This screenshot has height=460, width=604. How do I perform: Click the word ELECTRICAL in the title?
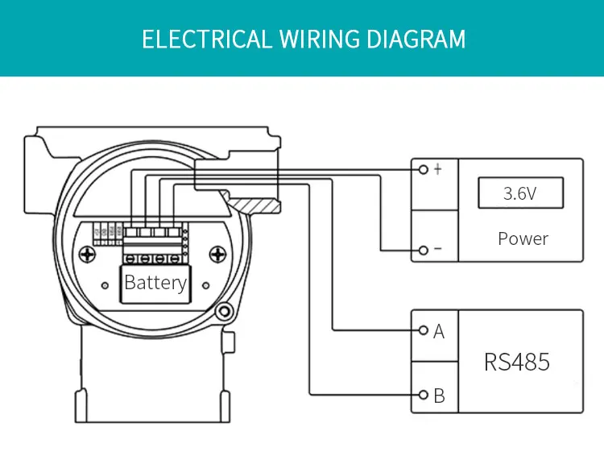coord(208,39)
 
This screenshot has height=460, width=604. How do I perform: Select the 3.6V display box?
coord(520,194)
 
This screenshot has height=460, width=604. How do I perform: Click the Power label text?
coord(523,238)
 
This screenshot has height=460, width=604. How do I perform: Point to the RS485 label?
coord(517,362)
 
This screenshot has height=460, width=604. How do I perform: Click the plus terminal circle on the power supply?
coord(424,169)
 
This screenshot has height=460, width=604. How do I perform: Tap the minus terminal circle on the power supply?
coord(424,250)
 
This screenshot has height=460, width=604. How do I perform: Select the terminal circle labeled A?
coord(424,330)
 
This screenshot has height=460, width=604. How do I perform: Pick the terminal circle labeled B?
coord(424,395)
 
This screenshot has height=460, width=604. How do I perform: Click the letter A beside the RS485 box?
coord(439,331)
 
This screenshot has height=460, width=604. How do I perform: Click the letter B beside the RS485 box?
coord(439,396)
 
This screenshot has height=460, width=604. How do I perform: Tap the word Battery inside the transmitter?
coord(155,283)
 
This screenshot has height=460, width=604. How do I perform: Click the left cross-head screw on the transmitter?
coord(86,256)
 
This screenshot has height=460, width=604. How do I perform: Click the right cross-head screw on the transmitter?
coord(217,256)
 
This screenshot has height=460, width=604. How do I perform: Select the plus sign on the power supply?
coord(437,170)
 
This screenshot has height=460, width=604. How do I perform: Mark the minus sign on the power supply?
coord(437,250)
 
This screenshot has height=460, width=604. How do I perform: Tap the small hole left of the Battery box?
coord(105,285)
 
